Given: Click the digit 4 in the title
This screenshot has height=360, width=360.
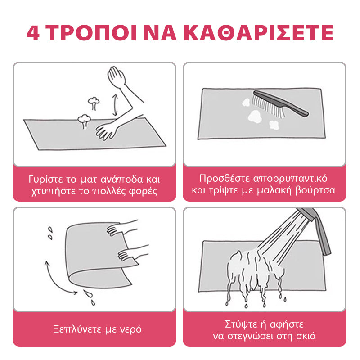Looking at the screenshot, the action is point(33,33).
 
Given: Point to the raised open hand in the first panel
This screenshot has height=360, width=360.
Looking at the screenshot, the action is point(117,76).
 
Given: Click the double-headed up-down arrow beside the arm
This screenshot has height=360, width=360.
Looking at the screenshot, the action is point(115,105).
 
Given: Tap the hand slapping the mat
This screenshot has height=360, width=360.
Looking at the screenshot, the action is point(106,132).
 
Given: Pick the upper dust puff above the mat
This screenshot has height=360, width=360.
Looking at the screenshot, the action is point(94,103).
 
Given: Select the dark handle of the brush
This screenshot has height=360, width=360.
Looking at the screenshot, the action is point(281,103).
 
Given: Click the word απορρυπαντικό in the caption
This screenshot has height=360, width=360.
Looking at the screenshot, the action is point(290,179).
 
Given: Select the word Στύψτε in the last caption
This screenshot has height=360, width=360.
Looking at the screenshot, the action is point(241,324).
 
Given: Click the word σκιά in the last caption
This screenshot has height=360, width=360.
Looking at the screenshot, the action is point(306,336).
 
